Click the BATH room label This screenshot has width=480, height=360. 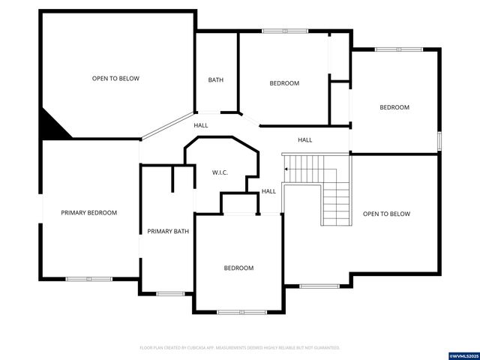(x=216, y=80)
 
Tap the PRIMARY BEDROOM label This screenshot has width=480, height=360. (x=89, y=213)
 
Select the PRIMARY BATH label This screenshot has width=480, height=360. (x=168, y=231)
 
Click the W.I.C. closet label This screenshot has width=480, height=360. (x=220, y=172)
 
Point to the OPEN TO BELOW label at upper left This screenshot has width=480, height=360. (x=115, y=78)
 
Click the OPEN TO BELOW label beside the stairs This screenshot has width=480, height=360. (x=387, y=214)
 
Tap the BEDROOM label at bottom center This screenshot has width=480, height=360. (x=238, y=268)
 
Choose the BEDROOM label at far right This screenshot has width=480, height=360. (x=394, y=107)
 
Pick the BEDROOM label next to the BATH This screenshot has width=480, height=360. (x=284, y=83)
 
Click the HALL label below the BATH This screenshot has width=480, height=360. (x=201, y=125)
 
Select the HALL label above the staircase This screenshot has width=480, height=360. (x=305, y=140)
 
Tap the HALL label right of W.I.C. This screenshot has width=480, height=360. (x=268, y=191)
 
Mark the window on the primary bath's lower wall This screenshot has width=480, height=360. (x=170, y=293)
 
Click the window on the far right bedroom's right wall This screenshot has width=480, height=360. (x=439, y=142)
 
